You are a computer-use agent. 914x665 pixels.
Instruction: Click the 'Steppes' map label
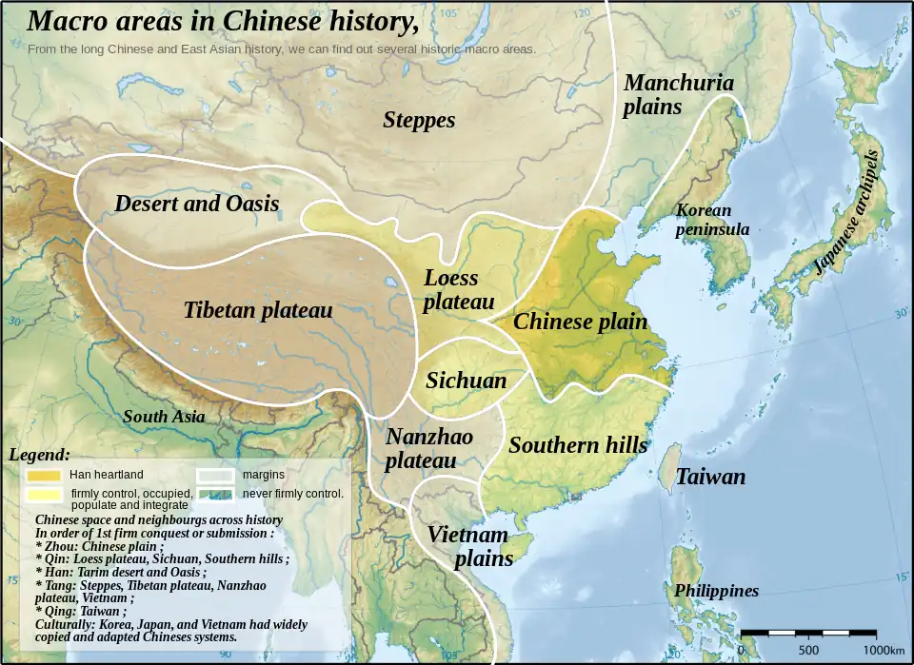click(419, 120)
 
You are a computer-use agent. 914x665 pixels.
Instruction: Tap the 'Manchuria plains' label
click(678, 94)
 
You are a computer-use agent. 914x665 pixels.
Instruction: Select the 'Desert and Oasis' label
click(196, 203)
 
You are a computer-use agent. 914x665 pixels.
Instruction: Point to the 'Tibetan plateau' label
click(257, 310)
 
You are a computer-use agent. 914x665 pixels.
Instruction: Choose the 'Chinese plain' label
click(580, 322)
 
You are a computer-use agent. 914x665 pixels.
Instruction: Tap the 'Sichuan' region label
click(466, 381)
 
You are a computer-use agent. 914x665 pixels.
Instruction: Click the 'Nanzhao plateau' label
click(428, 448)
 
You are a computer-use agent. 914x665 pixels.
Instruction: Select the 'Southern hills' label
click(577, 444)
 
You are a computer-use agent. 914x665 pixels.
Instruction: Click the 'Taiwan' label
click(710, 477)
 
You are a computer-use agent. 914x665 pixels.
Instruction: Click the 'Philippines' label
click(716, 591)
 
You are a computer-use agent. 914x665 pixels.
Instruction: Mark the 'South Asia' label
click(164, 416)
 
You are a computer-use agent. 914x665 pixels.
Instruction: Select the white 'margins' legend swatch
click(215, 474)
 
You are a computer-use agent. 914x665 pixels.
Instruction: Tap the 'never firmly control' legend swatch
click(215, 493)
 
